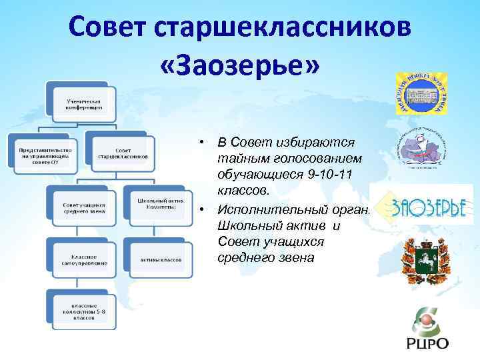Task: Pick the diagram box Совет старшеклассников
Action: (x=123, y=154)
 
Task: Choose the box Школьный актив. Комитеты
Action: (x=161, y=204)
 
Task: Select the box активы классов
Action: (x=161, y=259)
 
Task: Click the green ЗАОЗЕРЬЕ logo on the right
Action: (x=427, y=207)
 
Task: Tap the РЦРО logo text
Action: (x=427, y=343)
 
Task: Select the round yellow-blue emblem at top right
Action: (x=421, y=92)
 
